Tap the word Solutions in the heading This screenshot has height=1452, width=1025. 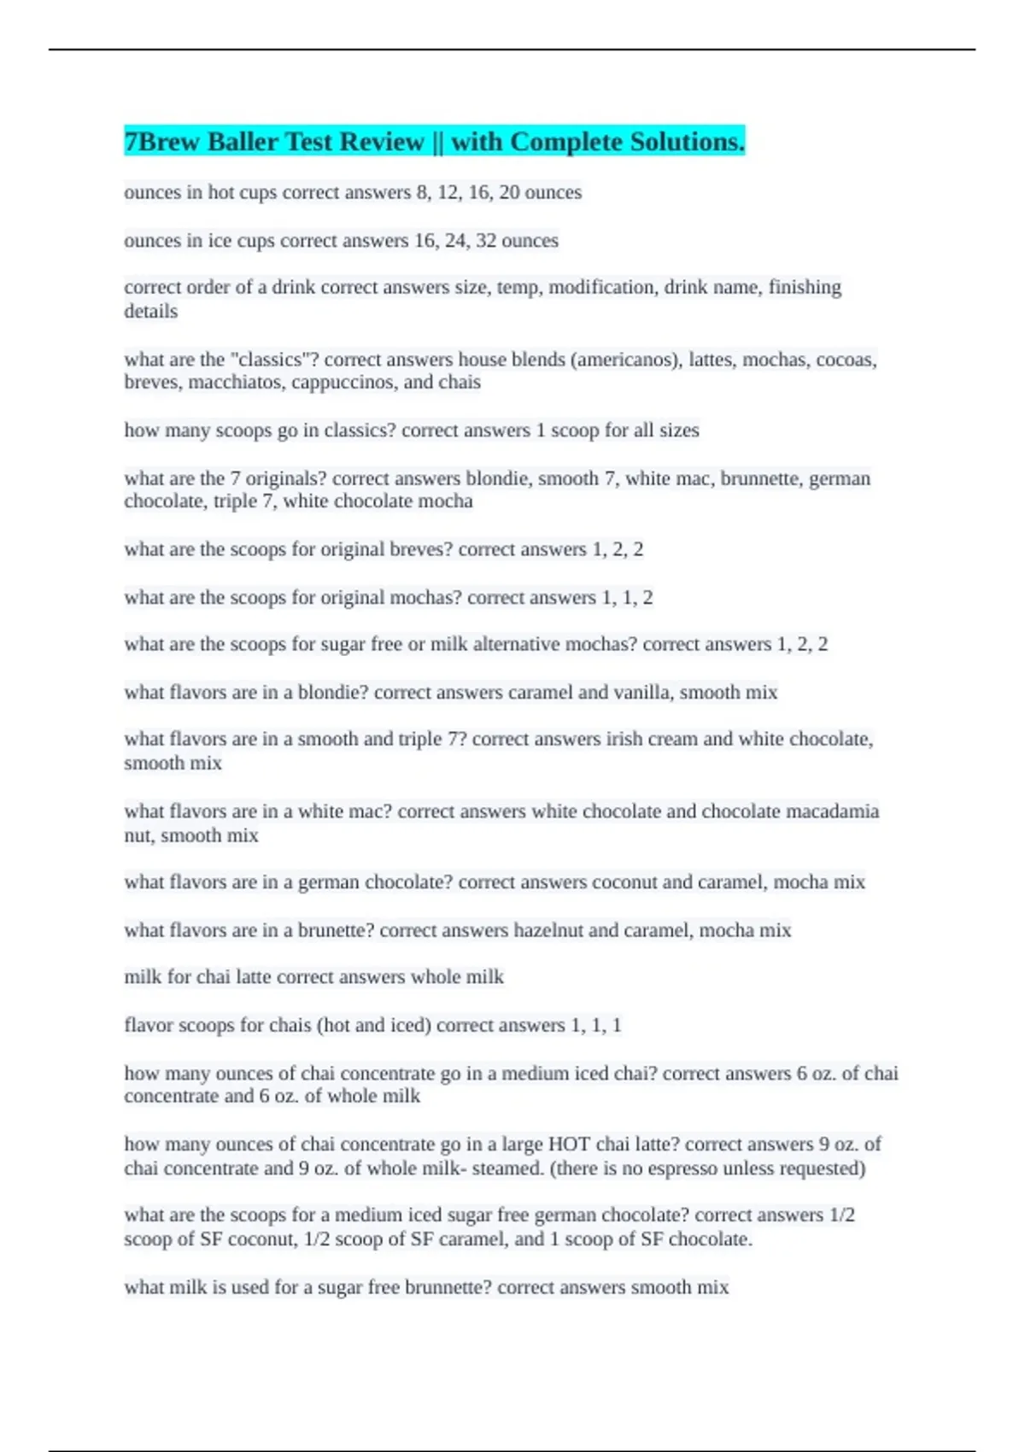[687, 141]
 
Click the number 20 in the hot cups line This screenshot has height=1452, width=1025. [509, 192]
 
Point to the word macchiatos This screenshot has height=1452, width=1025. [237, 382]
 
